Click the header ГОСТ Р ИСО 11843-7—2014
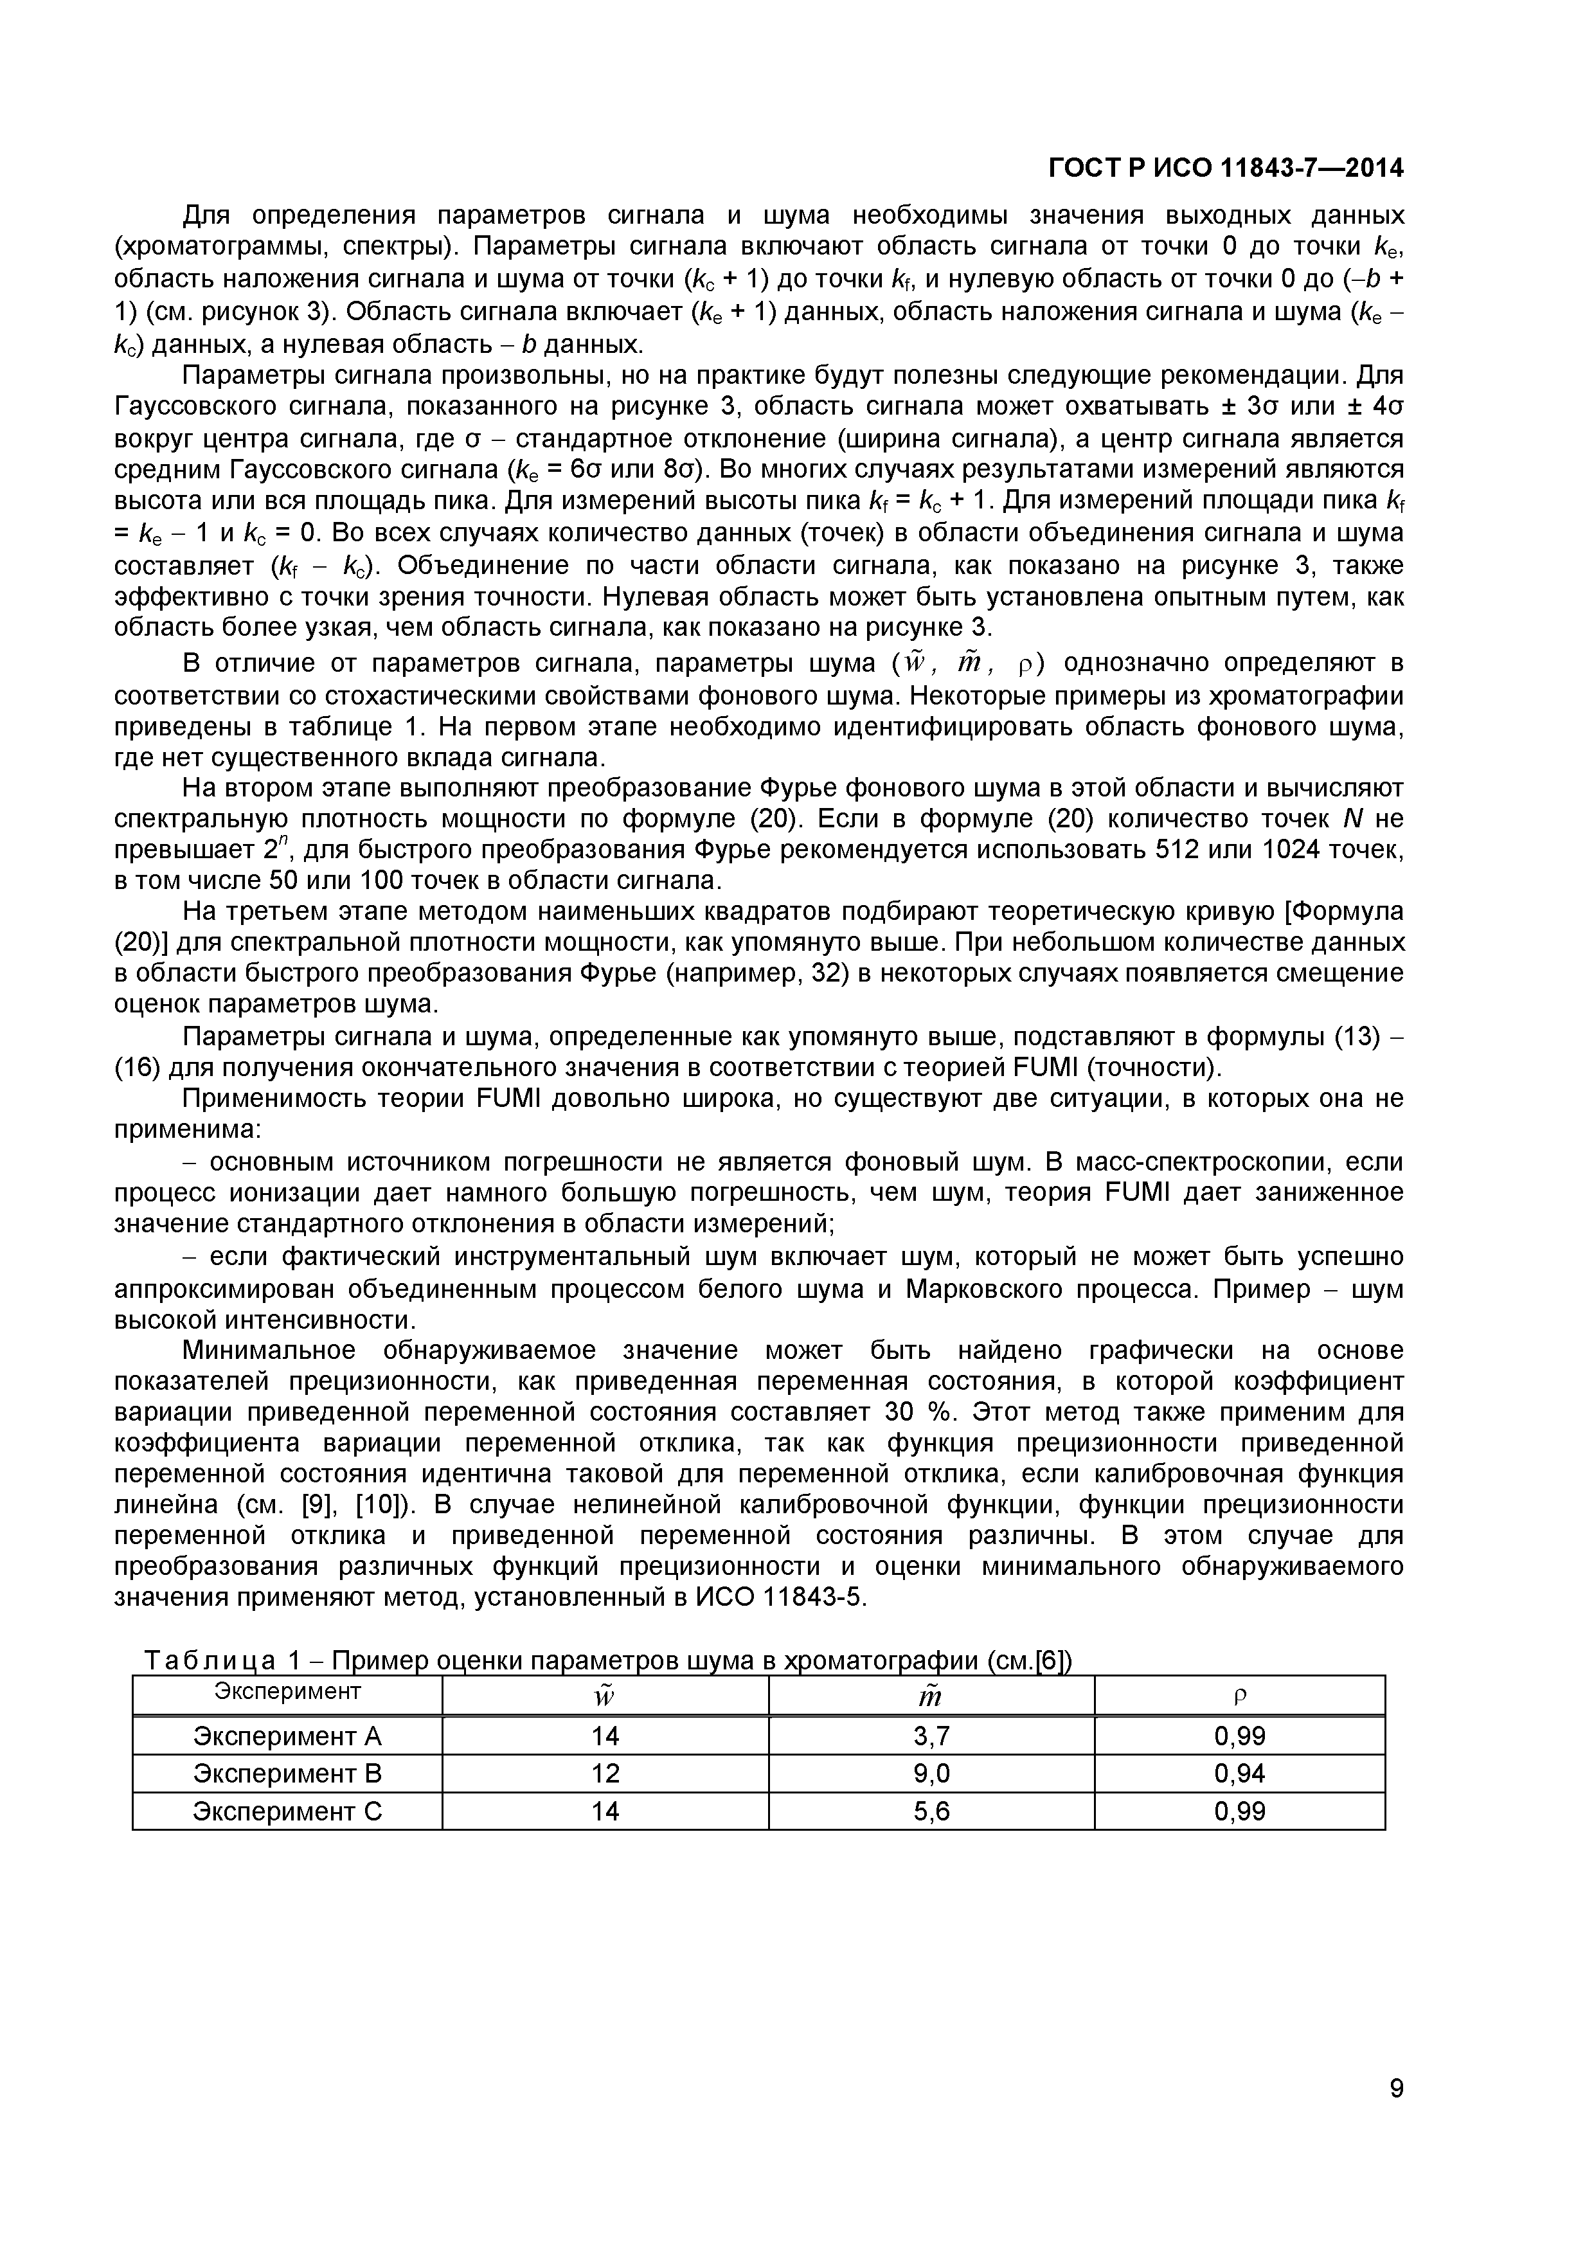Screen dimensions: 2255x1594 [x=1226, y=169]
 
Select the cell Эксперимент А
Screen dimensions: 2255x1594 [x=287, y=1736]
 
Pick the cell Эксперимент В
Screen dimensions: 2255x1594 [x=287, y=1774]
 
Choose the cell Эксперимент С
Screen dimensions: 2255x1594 [x=287, y=1811]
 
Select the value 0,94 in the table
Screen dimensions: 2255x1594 [x=1239, y=1774]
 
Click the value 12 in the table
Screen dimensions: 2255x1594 [x=605, y=1774]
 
